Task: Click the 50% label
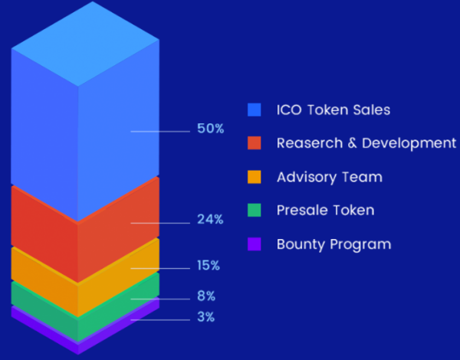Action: pyautogui.click(x=211, y=129)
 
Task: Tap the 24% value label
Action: pyautogui.click(x=210, y=219)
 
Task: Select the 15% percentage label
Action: pyautogui.click(x=209, y=265)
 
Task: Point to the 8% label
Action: pyautogui.click(x=206, y=296)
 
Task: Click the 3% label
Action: pyautogui.click(x=206, y=317)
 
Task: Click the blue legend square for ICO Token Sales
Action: pyautogui.click(x=254, y=110)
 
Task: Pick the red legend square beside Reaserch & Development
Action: pyautogui.click(x=254, y=142)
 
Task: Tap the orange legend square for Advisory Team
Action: pyautogui.click(x=254, y=177)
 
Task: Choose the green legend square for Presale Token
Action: pyautogui.click(x=254, y=210)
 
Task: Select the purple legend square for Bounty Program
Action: pyautogui.click(x=254, y=244)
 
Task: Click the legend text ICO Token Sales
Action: pyautogui.click(x=333, y=110)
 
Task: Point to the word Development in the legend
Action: pyautogui.click(x=409, y=144)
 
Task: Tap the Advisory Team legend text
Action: pyautogui.click(x=330, y=178)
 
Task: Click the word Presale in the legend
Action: pyautogui.click(x=297, y=210)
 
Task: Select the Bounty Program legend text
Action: pyautogui.click(x=333, y=244)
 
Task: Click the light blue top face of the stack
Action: pyautogui.click(x=85, y=44)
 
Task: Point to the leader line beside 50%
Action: pyautogui.click(x=160, y=132)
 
